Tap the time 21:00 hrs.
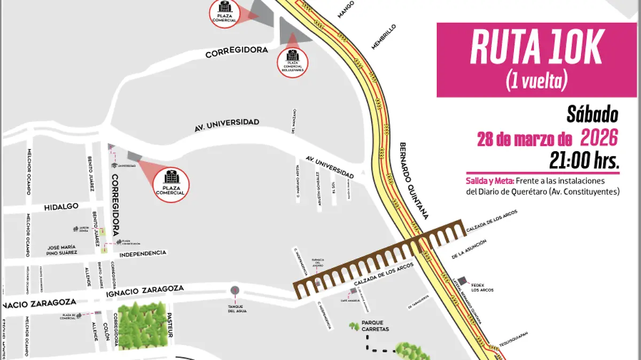coord(584,160)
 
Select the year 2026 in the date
coord(599,139)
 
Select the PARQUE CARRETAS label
coord(375,326)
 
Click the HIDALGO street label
coord(61,206)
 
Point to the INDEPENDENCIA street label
coord(143,253)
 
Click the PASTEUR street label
coord(170,325)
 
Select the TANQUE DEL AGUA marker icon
coord(235,291)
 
